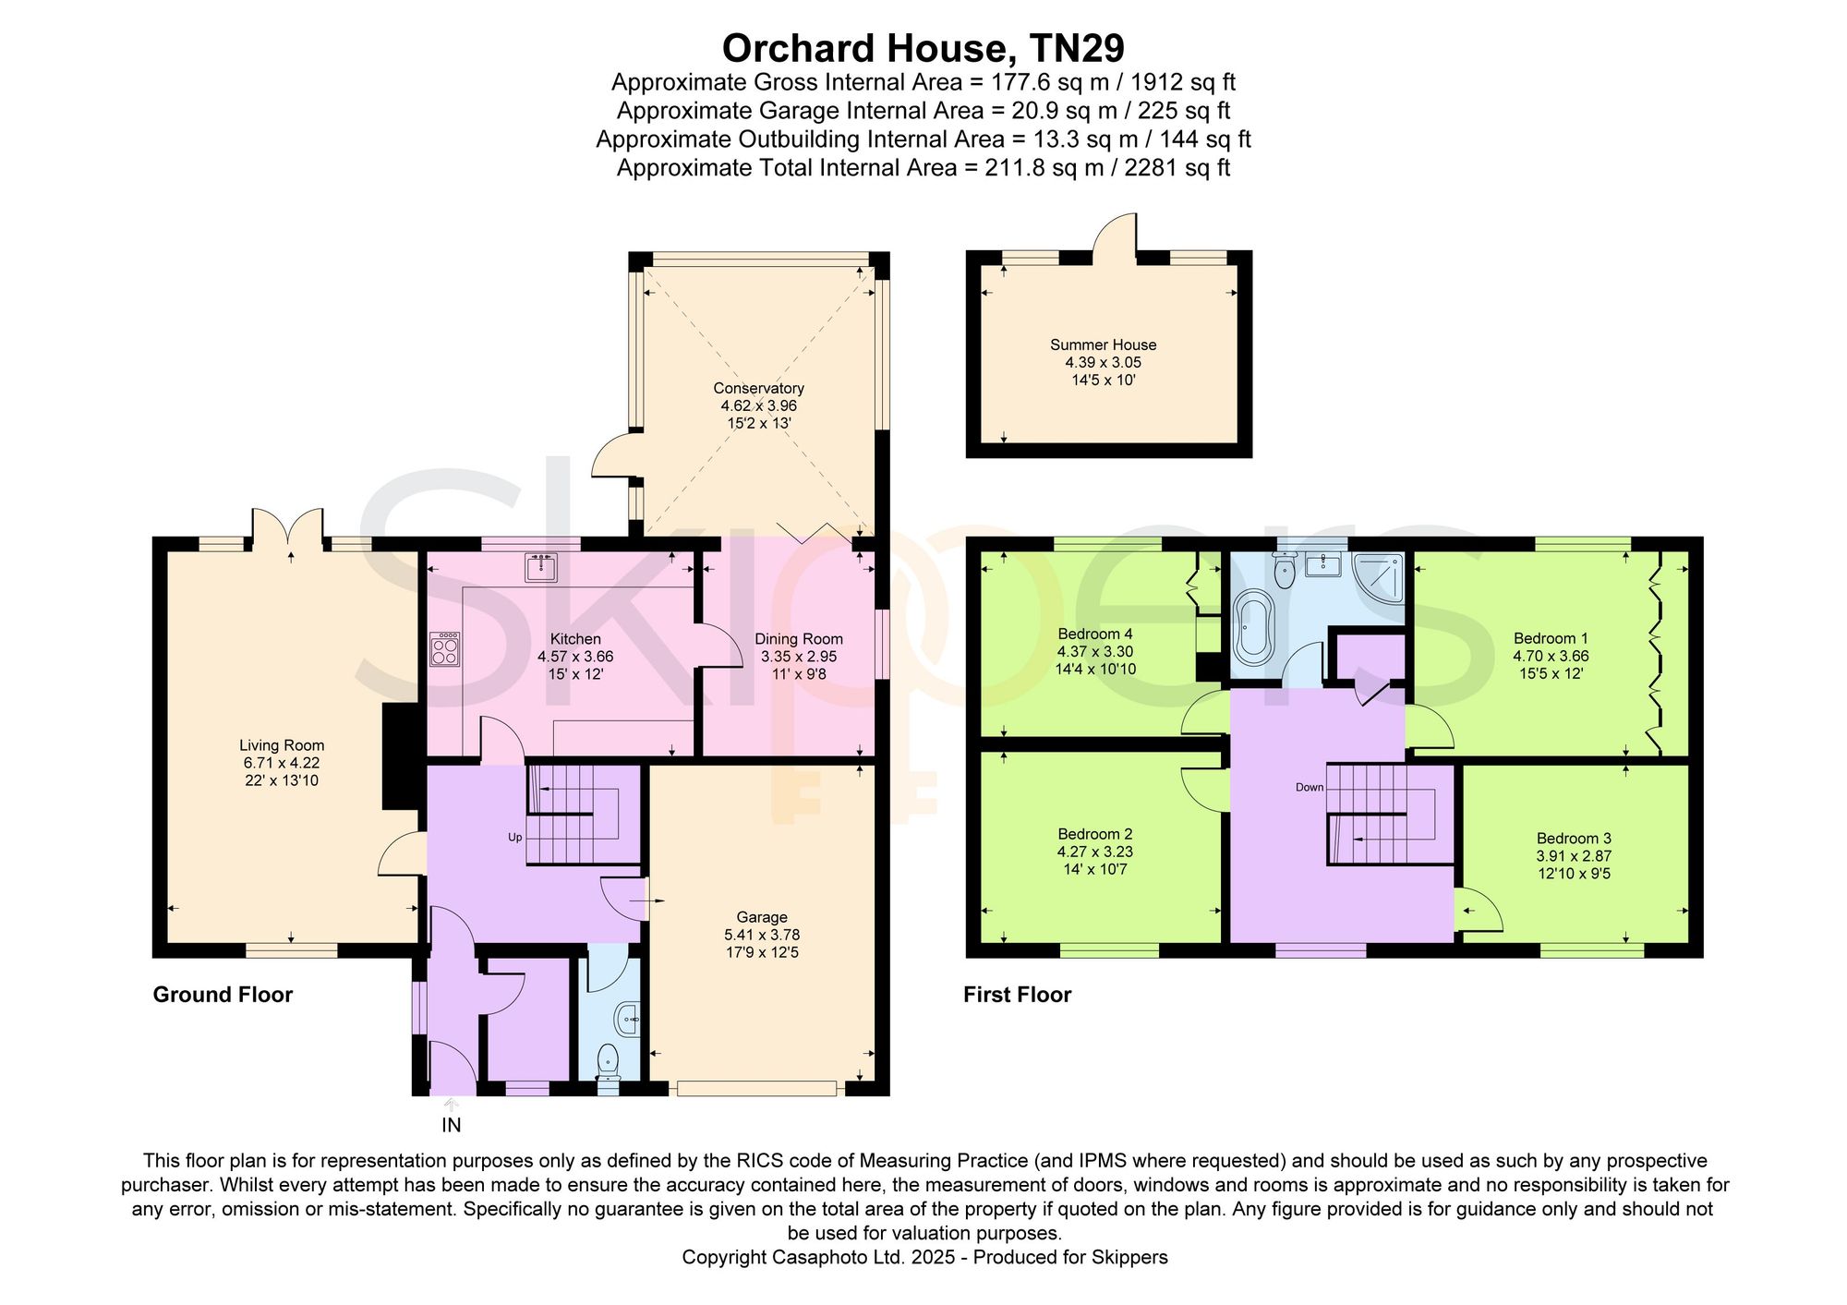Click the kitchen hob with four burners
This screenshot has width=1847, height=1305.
(x=445, y=648)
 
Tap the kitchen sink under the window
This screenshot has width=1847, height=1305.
(x=541, y=567)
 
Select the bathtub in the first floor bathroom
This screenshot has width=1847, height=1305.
(x=1254, y=631)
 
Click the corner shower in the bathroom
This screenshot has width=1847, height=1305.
(x=1378, y=575)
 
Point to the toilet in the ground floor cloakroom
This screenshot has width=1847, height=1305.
(x=608, y=1062)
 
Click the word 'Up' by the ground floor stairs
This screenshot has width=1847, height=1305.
(x=515, y=838)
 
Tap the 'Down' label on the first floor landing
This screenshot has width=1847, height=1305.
(x=1310, y=788)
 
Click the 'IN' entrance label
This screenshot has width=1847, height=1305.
(x=452, y=1125)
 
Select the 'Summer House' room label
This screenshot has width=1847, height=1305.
(x=1103, y=344)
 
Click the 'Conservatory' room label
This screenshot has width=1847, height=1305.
(x=758, y=388)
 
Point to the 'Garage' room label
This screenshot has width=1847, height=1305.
(x=762, y=917)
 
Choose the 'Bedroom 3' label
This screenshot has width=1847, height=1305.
(x=1574, y=839)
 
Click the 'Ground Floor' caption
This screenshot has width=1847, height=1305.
(x=223, y=995)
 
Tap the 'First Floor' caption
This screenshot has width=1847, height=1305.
(x=1017, y=995)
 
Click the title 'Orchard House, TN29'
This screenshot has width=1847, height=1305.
(x=923, y=48)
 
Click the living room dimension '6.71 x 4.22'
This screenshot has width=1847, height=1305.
(x=282, y=763)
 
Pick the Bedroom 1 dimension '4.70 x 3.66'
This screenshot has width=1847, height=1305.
(x=1551, y=656)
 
